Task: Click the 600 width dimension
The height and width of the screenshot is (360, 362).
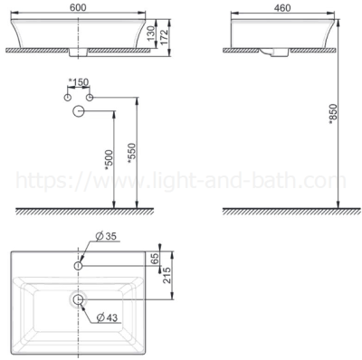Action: point(78,5)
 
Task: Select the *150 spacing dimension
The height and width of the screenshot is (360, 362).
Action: point(81,83)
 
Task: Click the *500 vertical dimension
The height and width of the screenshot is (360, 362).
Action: point(108,160)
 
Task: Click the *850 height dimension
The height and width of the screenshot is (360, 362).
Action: point(333,114)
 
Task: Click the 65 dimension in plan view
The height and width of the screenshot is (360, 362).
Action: point(156,259)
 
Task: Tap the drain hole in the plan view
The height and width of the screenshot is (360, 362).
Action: point(79,299)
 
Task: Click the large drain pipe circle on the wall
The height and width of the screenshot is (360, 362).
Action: point(79,111)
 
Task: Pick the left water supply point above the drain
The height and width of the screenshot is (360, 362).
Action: point(67,96)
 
